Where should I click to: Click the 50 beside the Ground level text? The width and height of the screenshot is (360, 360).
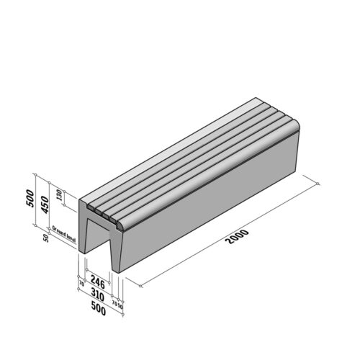[x=46, y=238]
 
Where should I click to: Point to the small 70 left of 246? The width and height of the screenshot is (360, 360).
[x=81, y=284]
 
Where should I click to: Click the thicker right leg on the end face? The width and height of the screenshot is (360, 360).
[x=118, y=252]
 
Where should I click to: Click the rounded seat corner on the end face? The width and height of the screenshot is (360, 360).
[x=123, y=227]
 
